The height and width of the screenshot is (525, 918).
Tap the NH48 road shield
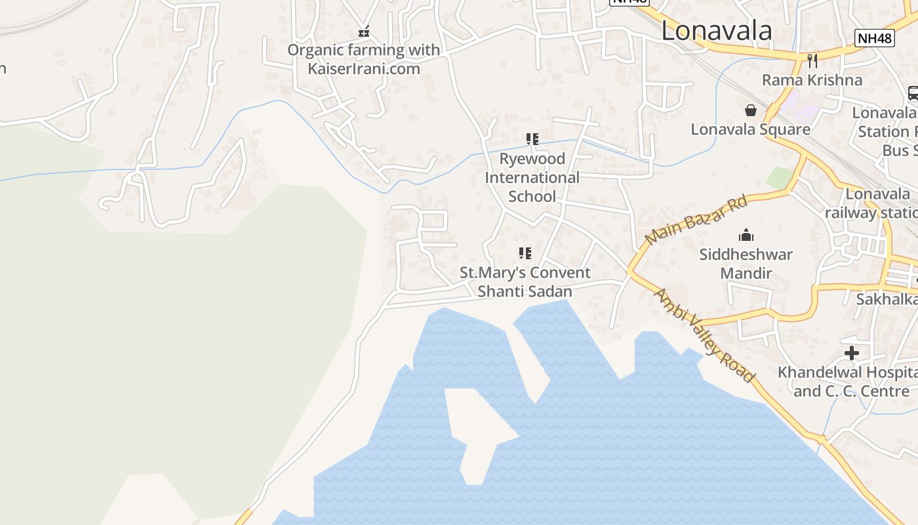[875, 38]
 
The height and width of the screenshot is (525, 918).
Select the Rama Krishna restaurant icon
[812, 61]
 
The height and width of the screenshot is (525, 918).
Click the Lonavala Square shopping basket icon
[751, 110]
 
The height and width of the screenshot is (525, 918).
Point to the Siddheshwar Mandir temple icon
[746, 235]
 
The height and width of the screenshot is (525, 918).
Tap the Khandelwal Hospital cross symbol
[851, 353]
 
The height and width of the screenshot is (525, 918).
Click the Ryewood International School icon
[532, 139]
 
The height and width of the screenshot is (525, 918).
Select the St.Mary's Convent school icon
[525, 253]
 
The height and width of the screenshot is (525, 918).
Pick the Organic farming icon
[364, 31]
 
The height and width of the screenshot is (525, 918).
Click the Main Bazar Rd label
[696, 220]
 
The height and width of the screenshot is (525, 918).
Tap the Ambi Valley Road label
[704, 335]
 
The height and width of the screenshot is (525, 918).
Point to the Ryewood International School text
[532, 177]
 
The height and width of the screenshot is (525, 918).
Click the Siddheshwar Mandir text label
[746, 263]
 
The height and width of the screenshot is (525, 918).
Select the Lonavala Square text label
[750, 129]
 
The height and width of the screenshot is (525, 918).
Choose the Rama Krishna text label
[812, 80]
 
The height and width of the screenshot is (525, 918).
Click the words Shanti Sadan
[525, 291]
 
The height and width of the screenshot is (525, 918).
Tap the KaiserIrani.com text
[364, 68]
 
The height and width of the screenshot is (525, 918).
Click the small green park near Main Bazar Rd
[780, 178]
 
